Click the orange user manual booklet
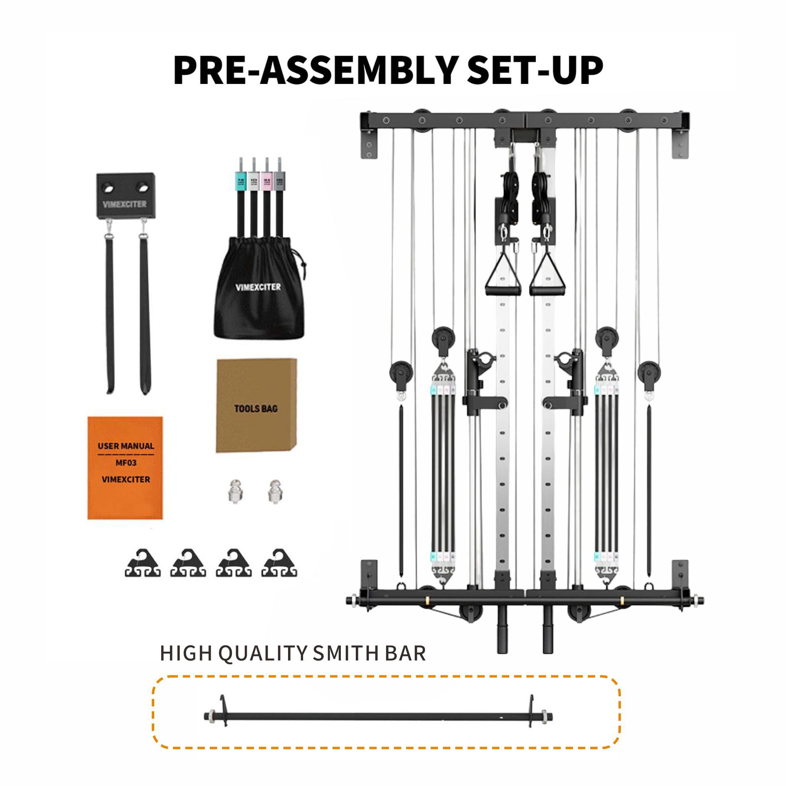tap(125, 468)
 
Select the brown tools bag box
tap(256, 405)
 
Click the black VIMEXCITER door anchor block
tap(125, 196)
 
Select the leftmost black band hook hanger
tap(143, 564)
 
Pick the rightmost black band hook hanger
tap(279, 564)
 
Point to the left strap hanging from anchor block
tap(110, 316)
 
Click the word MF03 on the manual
tap(126, 463)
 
